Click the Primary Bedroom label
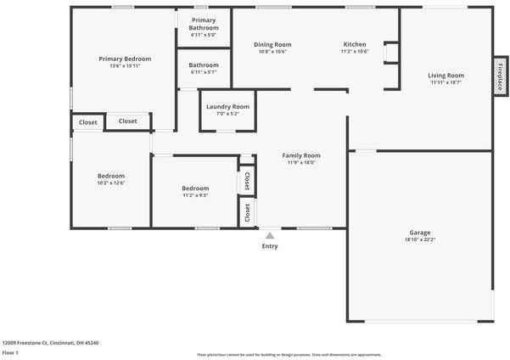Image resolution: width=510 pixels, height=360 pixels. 125,59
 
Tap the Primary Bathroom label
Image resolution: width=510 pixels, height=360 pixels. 204,24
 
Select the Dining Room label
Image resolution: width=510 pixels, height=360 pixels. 272,44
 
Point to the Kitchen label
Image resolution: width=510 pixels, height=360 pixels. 355,44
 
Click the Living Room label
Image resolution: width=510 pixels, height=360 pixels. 446,75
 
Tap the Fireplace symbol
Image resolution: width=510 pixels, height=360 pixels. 501,77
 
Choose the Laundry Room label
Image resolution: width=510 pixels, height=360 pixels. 227,106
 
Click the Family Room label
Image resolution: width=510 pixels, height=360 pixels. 301,155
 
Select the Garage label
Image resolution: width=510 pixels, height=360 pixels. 420,233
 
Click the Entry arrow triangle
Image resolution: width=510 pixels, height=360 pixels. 270,236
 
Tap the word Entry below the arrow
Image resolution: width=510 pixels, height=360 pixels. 270,246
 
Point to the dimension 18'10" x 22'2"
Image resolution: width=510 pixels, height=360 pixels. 420,240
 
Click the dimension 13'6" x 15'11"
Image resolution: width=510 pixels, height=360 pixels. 125,66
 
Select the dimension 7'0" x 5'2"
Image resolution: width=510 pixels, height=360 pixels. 227,114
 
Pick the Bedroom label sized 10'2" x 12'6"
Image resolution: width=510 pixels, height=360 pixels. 110,176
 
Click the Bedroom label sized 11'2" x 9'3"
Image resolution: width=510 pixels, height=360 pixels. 195,188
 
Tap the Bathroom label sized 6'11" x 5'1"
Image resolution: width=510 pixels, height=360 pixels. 204,65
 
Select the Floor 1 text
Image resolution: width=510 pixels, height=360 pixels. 10,352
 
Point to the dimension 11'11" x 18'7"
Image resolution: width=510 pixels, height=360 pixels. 446,82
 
